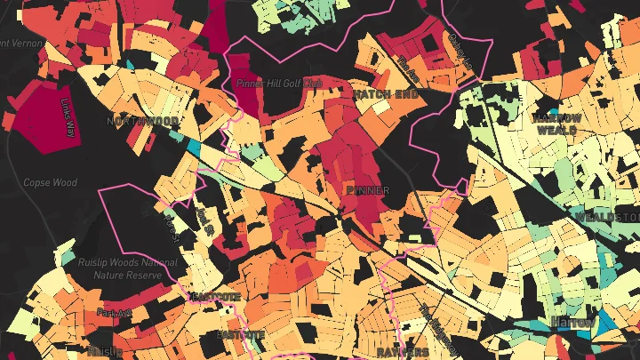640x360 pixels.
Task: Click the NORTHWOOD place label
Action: coord(142,121)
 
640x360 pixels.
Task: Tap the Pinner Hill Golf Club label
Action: coord(278,83)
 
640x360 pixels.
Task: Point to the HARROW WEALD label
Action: coord(557,123)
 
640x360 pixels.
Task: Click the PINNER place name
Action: coord(368,191)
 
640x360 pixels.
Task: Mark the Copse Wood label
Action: coord(50,182)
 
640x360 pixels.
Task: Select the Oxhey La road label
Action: coord(455,44)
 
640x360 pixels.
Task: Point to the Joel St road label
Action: coord(206,219)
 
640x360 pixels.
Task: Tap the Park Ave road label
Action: coord(114,313)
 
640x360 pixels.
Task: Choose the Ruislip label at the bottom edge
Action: coord(105,352)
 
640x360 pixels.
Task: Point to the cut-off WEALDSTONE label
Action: coord(609,217)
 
